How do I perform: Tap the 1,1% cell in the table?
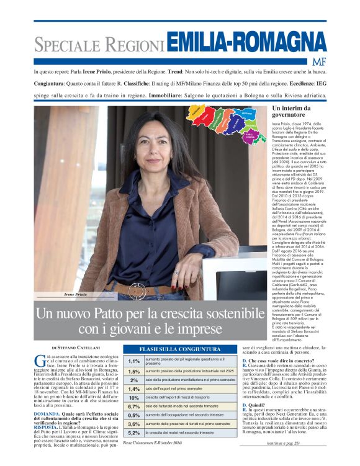coord(133,361)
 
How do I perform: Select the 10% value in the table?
coord(133,398)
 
